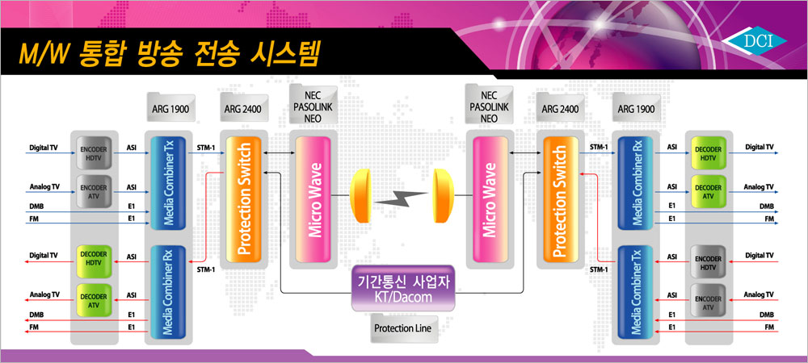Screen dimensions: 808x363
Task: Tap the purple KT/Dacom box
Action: (x=403, y=288)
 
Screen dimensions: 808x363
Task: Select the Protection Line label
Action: (x=402, y=328)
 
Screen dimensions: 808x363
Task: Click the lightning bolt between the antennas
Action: (x=401, y=196)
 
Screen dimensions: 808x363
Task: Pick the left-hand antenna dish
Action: (x=360, y=196)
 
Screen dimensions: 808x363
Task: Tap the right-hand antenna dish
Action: (x=442, y=196)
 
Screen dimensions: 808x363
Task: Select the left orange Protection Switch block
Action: (x=244, y=199)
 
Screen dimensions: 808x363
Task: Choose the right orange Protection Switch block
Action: (x=560, y=199)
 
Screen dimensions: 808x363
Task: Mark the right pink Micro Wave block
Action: (x=490, y=199)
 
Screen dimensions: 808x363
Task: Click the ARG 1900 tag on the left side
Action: (x=171, y=108)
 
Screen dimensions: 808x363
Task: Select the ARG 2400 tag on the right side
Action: (x=560, y=108)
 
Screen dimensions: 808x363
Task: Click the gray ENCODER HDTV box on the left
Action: (x=94, y=152)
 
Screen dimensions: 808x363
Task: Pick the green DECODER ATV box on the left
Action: (x=94, y=300)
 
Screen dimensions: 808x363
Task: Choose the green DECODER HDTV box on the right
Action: (x=708, y=152)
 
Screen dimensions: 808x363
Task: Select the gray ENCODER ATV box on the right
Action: (x=708, y=300)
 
